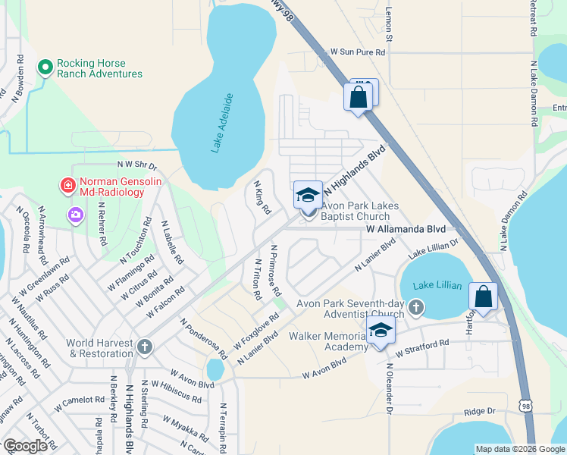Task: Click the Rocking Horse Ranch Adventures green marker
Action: [x=45, y=67]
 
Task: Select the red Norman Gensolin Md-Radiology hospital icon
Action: [x=67, y=185]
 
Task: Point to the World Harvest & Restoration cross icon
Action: [x=144, y=347]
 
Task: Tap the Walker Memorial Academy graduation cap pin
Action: [x=381, y=330]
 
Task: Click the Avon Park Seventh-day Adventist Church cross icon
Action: [x=415, y=307]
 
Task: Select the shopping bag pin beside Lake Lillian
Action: [x=482, y=297]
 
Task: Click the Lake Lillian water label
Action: [x=437, y=285]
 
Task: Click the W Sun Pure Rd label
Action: [x=357, y=52]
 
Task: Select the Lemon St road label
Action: [x=390, y=26]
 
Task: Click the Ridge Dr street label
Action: [x=479, y=411]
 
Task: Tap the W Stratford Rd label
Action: [x=421, y=348]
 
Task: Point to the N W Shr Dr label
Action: [x=136, y=165]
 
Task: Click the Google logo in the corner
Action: [x=25, y=445]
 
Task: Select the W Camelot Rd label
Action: [x=78, y=400]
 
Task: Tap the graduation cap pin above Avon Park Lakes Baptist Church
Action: [x=309, y=195]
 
